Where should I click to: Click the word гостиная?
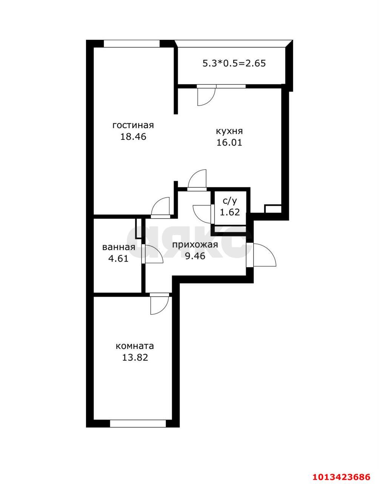coord(133,126)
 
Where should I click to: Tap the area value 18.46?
coord(133,137)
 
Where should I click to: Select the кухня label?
coord(230,132)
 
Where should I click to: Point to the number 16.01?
coord(229,143)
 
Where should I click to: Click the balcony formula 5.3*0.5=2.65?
coord(234,64)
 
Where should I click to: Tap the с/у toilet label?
coord(230,201)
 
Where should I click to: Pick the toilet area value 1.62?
coord(230,212)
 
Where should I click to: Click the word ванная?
coord(119,247)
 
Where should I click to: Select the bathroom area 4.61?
coord(118,259)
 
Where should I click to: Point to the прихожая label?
coord(195,245)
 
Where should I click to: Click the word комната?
coord(135,346)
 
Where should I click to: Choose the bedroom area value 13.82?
coord(135,357)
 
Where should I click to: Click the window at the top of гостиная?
coord(132,43)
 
